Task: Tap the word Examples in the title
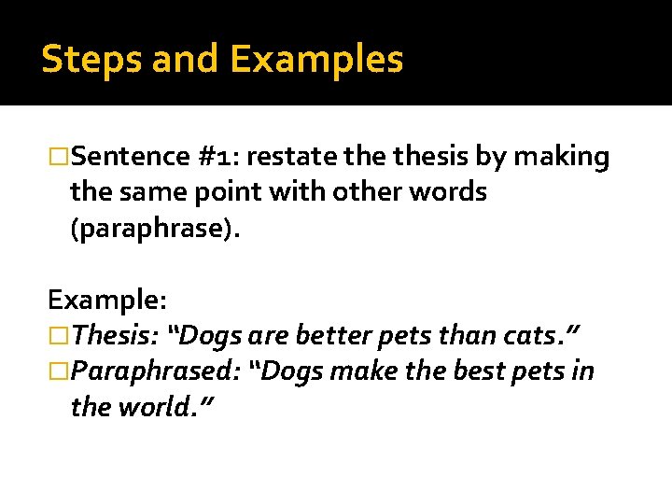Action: (x=316, y=60)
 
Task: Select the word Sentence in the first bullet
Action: (x=130, y=157)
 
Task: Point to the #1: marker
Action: (x=219, y=157)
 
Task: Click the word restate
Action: (x=288, y=157)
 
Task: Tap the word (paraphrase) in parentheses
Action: (x=155, y=229)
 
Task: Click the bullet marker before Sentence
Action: (x=59, y=157)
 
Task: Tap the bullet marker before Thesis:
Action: (x=59, y=335)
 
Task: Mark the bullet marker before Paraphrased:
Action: (x=59, y=371)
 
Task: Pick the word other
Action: (x=381, y=192)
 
